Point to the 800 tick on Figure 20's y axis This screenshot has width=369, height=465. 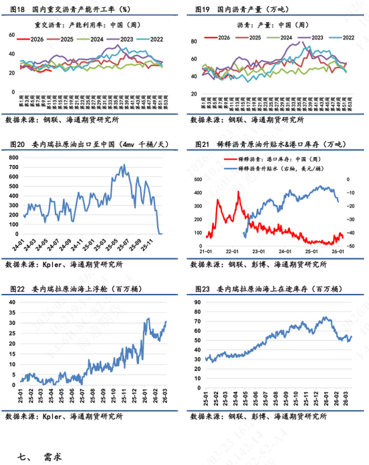(x=15, y=156)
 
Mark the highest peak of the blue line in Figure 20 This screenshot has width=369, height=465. (x=123, y=165)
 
